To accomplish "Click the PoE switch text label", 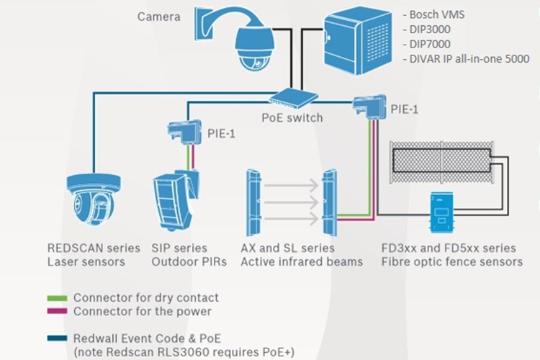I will point(292,117).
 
